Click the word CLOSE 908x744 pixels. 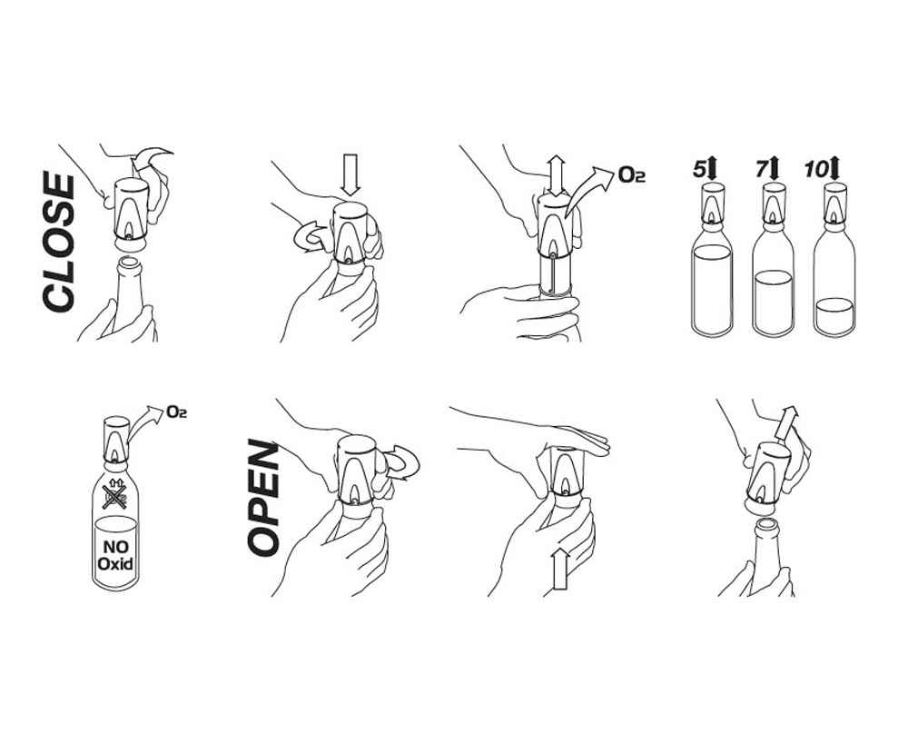tap(59, 243)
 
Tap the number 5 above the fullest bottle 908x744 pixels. tap(699, 169)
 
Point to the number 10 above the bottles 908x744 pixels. tap(816, 169)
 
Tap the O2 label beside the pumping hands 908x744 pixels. tap(632, 174)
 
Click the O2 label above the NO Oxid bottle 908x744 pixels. tap(176, 412)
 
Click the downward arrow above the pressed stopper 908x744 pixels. tap(350, 174)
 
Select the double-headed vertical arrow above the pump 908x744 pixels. tap(557, 176)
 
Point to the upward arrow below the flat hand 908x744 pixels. tap(559, 569)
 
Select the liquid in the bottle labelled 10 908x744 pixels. tap(834, 316)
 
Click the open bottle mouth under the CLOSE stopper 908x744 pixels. tap(130, 263)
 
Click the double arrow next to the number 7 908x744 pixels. tap(775, 169)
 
